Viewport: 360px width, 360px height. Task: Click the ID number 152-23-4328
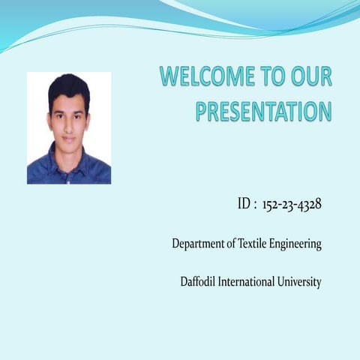point(292,204)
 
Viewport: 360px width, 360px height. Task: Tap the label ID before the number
point(244,204)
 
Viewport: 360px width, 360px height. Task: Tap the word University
point(301,283)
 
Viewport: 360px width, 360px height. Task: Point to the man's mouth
point(69,137)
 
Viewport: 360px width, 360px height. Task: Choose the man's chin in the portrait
point(69,148)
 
